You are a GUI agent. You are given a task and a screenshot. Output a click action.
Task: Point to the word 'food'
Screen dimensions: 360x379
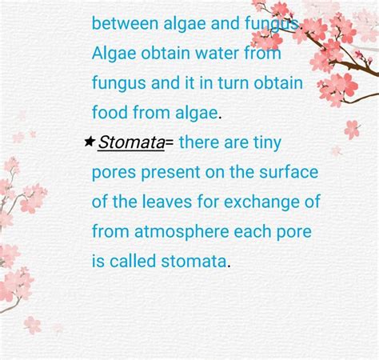108,112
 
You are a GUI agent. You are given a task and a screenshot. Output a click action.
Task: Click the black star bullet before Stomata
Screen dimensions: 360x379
89,142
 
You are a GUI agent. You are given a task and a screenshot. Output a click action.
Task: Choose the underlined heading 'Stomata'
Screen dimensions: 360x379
131,142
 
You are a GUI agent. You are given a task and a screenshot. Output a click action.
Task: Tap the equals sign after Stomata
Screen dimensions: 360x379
170,142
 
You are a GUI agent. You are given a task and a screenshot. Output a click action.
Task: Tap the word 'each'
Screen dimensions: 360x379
255,231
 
